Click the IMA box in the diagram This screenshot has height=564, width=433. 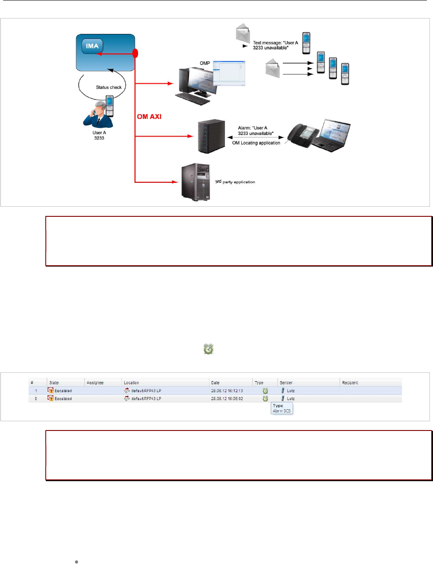tap(92, 46)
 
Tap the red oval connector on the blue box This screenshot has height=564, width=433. tap(135, 53)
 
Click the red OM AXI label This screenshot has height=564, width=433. tap(149, 117)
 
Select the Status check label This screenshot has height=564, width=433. tap(108, 87)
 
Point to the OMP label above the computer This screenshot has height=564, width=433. tap(205, 63)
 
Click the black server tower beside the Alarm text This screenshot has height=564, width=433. tap(211, 136)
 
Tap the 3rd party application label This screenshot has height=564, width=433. tap(235, 182)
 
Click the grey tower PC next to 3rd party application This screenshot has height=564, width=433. tap(195, 182)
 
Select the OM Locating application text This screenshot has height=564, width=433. tap(256, 143)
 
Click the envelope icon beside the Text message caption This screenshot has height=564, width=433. tap(243, 34)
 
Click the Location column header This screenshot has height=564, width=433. tap(131, 382)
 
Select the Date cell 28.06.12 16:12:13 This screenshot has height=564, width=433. tap(227, 391)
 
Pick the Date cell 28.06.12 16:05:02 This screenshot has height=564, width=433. tap(227, 399)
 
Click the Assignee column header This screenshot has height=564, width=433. tap(95, 382)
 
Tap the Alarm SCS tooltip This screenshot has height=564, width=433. tap(281, 408)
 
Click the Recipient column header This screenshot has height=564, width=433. tap(350, 382)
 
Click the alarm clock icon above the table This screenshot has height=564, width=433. tap(208, 349)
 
